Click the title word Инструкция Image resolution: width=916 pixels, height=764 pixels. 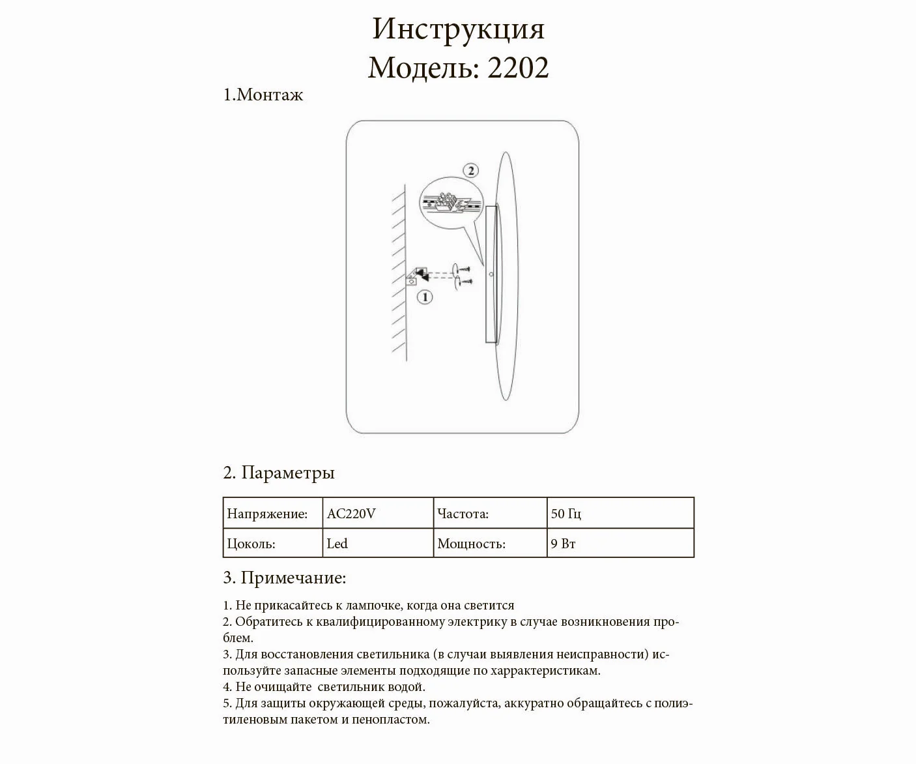pyautogui.click(x=458, y=29)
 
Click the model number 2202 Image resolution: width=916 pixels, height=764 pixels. pyautogui.click(x=518, y=67)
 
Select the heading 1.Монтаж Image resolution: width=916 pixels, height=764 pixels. pyautogui.click(x=263, y=95)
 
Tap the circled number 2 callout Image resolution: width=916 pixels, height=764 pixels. pyautogui.click(x=470, y=171)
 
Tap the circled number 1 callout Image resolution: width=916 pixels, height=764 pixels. pyautogui.click(x=424, y=298)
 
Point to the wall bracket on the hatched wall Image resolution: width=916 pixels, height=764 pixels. pyautogui.click(x=415, y=276)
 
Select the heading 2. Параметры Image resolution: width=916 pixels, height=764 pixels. pyautogui.click(x=279, y=473)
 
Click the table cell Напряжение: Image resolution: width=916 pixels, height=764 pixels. pyautogui.click(x=267, y=514)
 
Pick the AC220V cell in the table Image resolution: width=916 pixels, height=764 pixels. pyautogui.click(x=352, y=514)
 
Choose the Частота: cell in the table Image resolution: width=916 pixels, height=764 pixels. pyautogui.click(x=463, y=514)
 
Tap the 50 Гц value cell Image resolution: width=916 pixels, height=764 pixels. pyautogui.click(x=566, y=514)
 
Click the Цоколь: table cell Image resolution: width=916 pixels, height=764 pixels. pyautogui.click(x=251, y=544)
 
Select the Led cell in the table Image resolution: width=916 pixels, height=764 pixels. pyautogui.click(x=337, y=544)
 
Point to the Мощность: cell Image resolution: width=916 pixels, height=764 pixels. pyautogui.click(x=472, y=544)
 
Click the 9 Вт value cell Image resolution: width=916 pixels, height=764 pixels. pyautogui.click(x=564, y=544)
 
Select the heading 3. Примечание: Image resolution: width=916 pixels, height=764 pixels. pyautogui.click(x=285, y=578)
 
